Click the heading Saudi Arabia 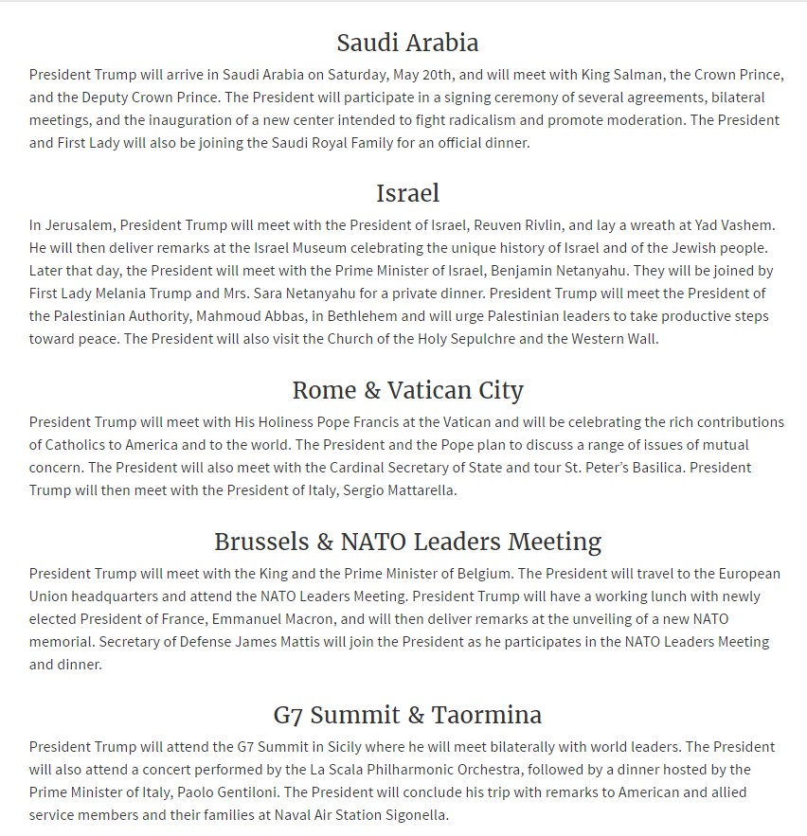(407, 43)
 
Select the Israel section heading (407, 193)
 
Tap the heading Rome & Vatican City (407, 390)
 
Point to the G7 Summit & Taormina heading (407, 714)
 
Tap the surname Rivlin (531, 225)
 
